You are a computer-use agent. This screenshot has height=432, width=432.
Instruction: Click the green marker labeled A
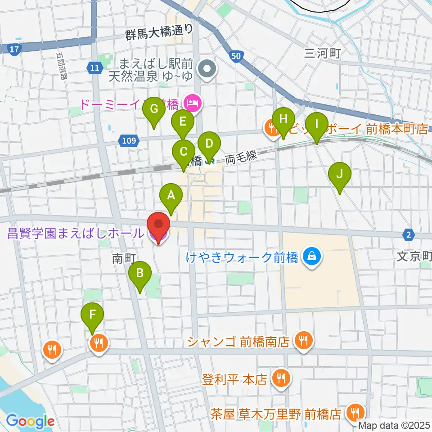pos(171,196)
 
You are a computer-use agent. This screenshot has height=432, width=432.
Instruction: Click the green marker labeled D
pos(209,144)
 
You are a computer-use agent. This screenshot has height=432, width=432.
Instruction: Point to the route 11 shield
pos(93,68)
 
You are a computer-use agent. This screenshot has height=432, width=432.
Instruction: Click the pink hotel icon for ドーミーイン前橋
pos(194,104)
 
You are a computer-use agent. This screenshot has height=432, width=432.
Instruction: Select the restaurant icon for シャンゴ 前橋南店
pos(304,341)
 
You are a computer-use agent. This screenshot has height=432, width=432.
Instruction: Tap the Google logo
pos(30,422)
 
